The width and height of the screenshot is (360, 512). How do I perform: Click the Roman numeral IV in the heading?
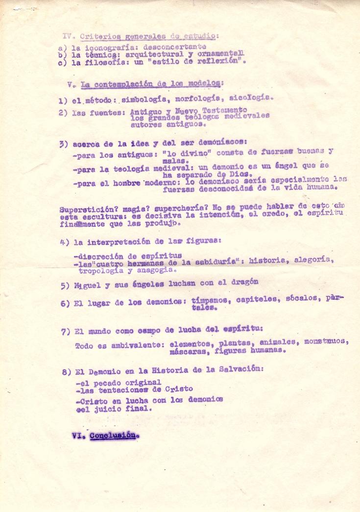click(68, 35)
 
